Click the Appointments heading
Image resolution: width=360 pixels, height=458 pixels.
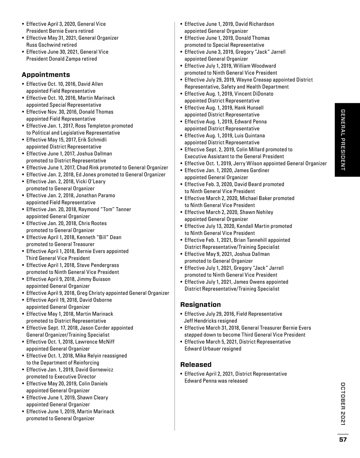tap(46, 75)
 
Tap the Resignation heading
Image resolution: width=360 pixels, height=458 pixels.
tap(200, 304)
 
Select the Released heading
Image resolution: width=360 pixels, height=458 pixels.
tap(196, 364)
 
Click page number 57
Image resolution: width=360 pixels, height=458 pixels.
tap(343, 440)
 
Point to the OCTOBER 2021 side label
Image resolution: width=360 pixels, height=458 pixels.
tap(343, 404)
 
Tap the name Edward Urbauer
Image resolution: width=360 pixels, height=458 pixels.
tap(199, 349)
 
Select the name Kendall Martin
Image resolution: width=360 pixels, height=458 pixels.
tap(252, 226)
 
